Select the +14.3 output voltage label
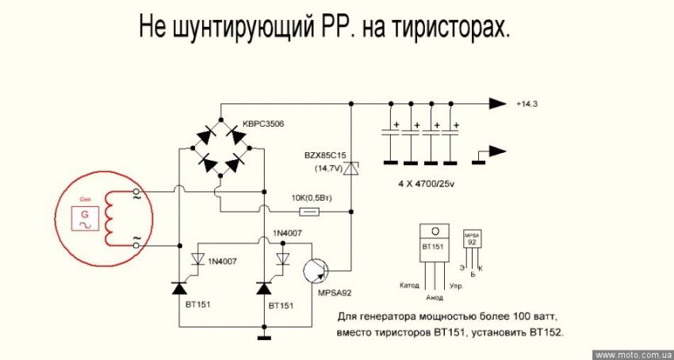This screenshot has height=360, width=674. [x=529, y=105]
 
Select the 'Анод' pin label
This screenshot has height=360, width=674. [x=435, y=298]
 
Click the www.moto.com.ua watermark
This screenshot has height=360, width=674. [x=631, y=354]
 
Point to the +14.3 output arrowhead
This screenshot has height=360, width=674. [x=497, y=104]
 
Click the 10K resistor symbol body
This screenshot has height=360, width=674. [x=309, y=212]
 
